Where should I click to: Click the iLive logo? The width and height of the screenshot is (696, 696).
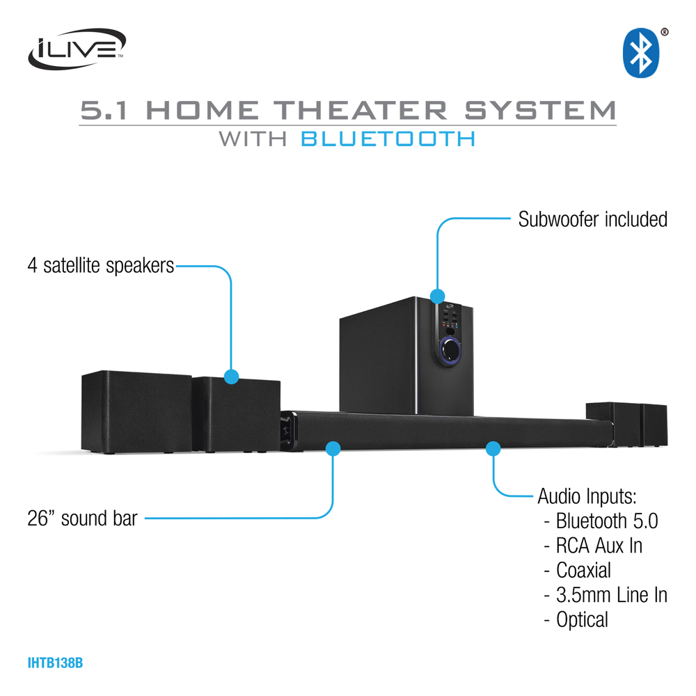click(76, 49)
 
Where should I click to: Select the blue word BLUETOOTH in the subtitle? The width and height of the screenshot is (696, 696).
click(388, 138)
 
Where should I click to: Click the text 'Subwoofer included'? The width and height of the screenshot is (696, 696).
click(593, 219)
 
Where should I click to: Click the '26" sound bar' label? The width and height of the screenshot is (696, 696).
click(83, 518)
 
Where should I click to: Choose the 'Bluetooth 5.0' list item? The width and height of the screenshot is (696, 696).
click(607, 521)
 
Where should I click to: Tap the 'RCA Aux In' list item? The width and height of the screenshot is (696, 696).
click(599, 545)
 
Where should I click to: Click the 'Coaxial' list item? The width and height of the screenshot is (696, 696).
click(584, 570)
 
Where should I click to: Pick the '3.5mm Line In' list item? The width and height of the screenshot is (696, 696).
click(612, 594)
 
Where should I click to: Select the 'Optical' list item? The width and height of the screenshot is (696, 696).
click(583, 619)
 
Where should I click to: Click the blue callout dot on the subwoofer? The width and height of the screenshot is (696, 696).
click(437, 296)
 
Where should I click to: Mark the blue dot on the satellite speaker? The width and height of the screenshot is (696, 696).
click(232, 377)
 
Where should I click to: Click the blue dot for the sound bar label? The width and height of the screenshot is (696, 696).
click(333, 448)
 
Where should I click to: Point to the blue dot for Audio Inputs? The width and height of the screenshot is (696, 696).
click(493, 447)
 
